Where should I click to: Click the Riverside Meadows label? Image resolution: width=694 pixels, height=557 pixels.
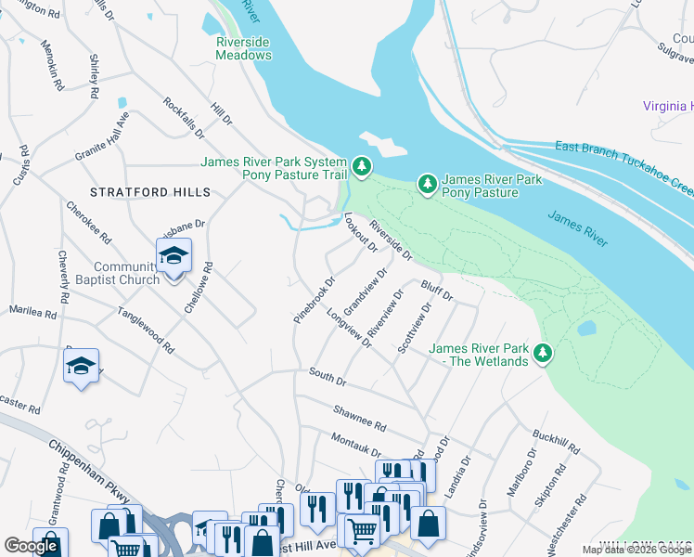(x=244, y=48)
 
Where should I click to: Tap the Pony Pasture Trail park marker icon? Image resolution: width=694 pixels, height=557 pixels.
(x=362, y=168)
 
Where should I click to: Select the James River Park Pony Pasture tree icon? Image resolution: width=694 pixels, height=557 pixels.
(x=427, y=185)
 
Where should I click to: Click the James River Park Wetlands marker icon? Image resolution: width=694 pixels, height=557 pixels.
(x=544, y=354)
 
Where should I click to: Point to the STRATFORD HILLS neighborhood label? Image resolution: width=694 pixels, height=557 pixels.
(x=150, y=192)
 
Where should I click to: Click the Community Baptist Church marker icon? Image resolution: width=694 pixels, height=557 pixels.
(x=173, y=254)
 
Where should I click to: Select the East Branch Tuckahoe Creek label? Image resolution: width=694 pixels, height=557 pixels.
(x=623, y=167)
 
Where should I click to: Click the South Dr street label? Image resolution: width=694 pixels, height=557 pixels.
(x=327, y=377)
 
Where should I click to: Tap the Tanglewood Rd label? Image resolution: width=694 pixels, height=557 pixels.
(x=146, y=331)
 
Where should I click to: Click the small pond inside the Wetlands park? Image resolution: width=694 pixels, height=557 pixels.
(x=585, y=329)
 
